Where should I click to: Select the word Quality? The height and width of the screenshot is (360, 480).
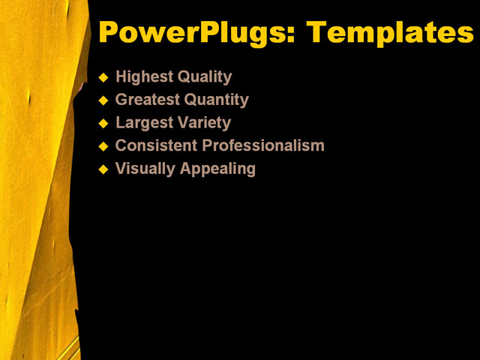click(204, 76)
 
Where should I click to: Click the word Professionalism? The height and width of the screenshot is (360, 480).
click(263, 145)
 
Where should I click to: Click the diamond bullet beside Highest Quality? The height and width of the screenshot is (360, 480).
click(103, 77)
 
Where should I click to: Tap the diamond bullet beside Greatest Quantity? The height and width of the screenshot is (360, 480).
click(103, 100)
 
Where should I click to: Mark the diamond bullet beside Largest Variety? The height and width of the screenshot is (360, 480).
click(103, 123)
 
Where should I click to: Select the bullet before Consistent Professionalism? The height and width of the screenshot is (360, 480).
click(103, 146)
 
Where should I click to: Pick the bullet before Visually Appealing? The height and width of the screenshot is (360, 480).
click(103, 169)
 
